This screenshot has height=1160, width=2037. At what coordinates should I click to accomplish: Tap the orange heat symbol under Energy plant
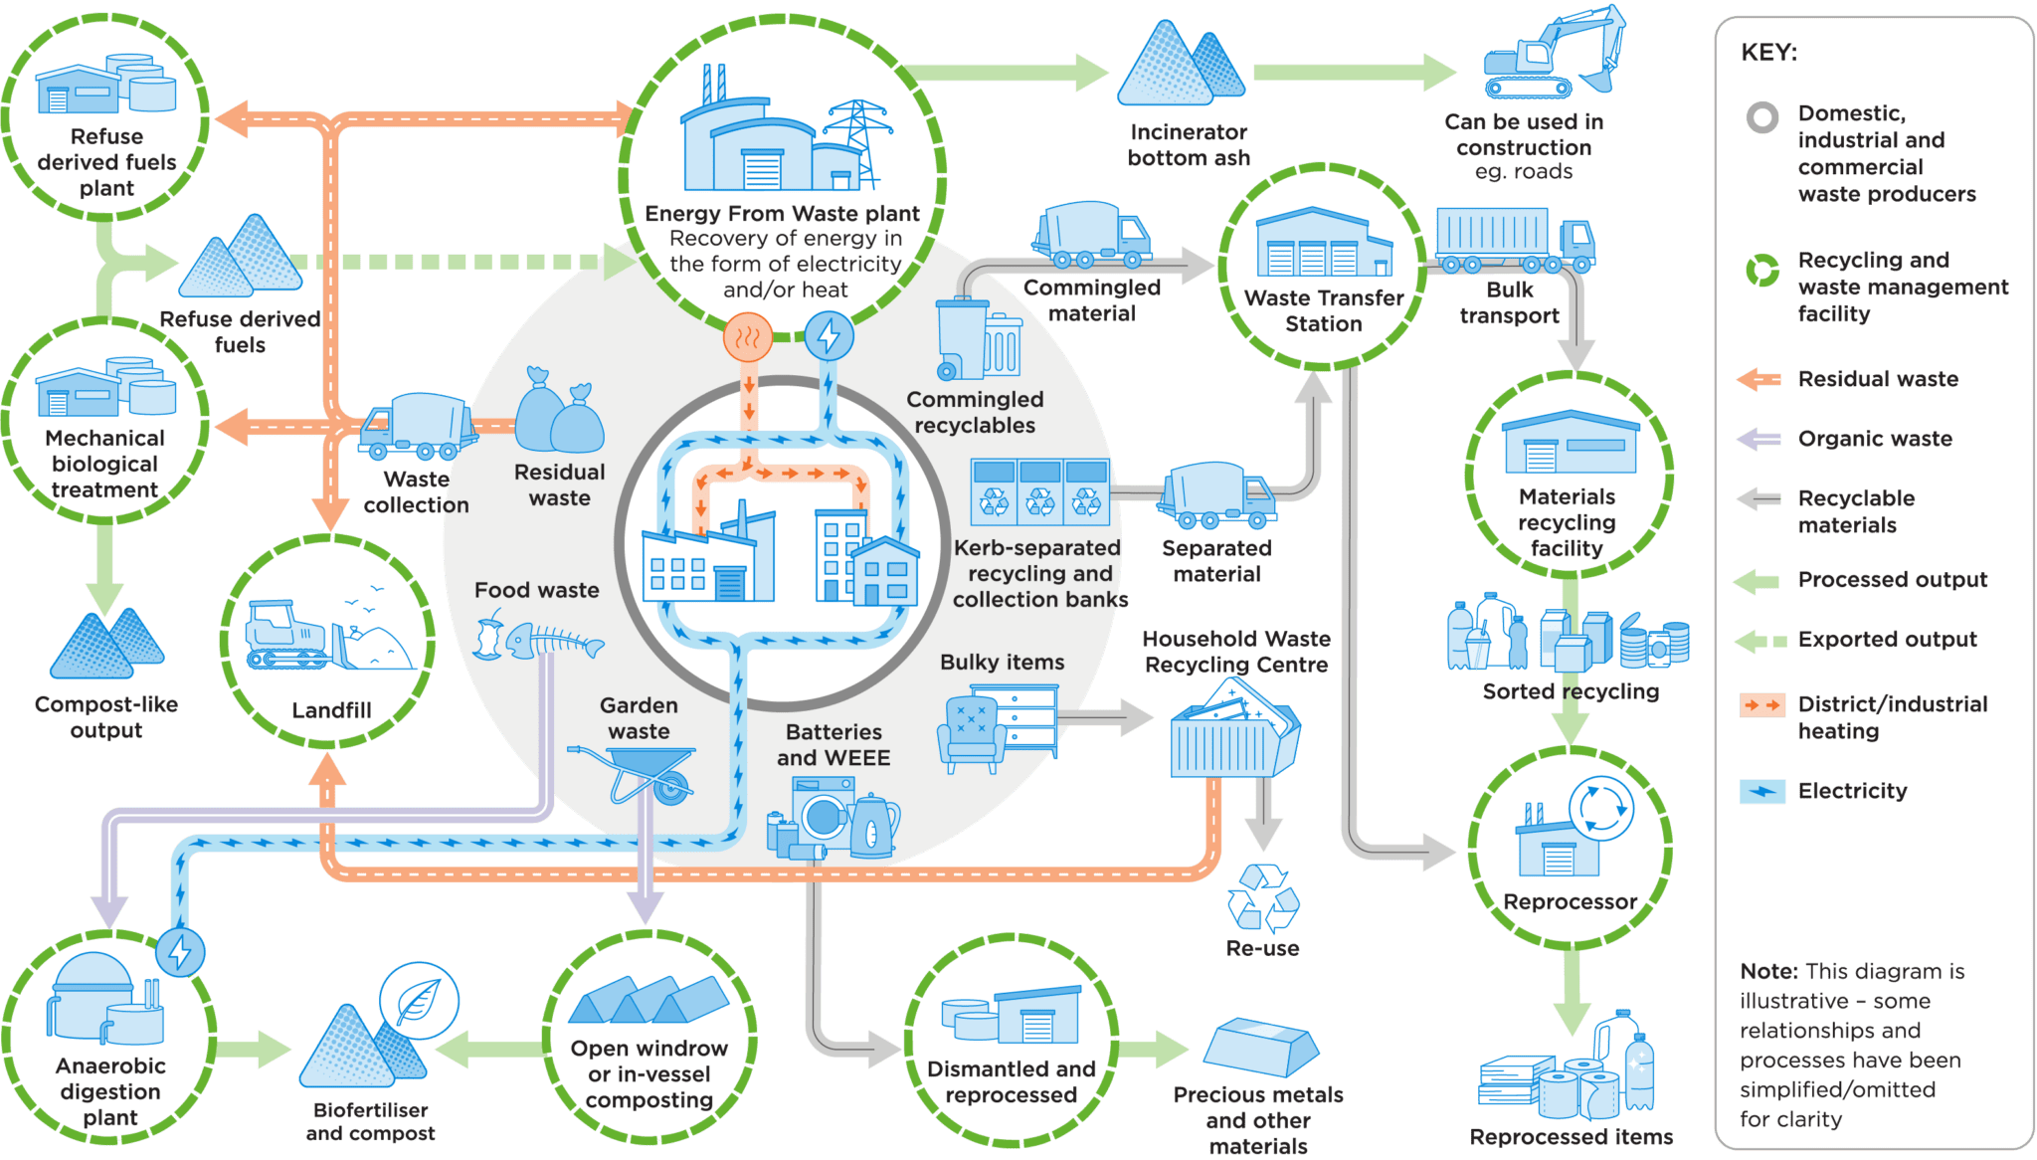coord(748,336)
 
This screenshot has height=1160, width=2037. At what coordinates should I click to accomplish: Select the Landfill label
coord(331,710)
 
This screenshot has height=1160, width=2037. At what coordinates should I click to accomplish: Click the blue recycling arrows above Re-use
coord(1262,896)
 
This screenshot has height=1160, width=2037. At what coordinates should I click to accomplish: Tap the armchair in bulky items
coord(971,733)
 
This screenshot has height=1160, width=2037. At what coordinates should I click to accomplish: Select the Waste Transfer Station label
coord(1323,310)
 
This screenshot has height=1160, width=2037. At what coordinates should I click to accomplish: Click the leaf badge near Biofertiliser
coord(419,1000)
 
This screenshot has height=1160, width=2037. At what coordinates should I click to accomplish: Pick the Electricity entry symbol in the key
coord(1761,792)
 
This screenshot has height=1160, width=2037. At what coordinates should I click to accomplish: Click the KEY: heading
coord(1768,53)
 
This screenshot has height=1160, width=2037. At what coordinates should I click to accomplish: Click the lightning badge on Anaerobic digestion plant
coord(180,952)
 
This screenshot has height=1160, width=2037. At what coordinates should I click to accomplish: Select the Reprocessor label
coord(1570,901)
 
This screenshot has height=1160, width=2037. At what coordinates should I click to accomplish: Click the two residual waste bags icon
coord(560,413)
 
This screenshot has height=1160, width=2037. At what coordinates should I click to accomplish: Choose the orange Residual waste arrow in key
coord(1759,379)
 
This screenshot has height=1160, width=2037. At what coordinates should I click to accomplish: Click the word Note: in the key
coord(1768,971)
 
